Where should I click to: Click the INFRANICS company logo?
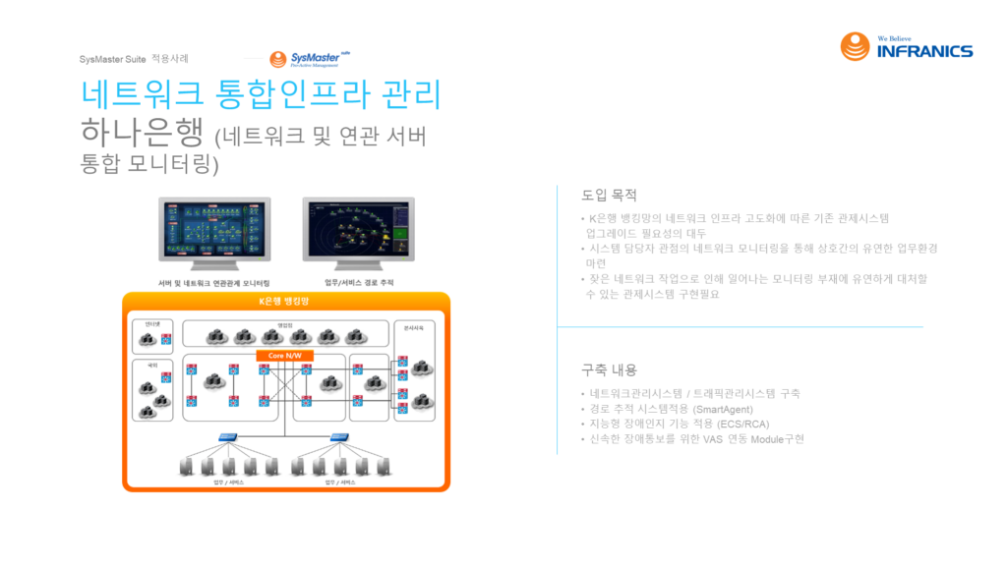click(x=906, y=46)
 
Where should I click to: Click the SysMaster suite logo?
click(x=310, y=59)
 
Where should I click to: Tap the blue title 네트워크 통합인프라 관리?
click(x=261, y=95)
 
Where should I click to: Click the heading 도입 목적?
click(x=610, y=195)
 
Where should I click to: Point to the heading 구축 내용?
click(x=610, y=370)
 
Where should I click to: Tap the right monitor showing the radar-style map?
click(x=358, y=232)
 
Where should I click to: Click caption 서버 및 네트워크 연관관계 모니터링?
click(x=214, y=282)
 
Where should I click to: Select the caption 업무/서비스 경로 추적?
click(x=360, y=282)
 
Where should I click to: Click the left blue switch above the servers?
click(x=229, y=438)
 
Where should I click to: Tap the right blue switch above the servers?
click(x=341, y=438)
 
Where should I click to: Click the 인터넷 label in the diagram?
click(x=153, y=323)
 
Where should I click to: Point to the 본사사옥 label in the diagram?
click(x=413, y=326)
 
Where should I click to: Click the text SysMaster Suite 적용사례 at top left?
click(x=134, y=59)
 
